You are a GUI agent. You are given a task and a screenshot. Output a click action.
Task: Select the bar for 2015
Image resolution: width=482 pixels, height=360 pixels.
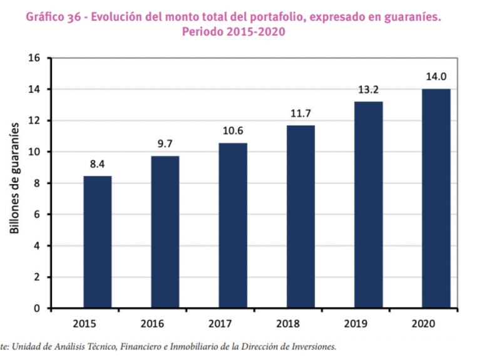(98, 242)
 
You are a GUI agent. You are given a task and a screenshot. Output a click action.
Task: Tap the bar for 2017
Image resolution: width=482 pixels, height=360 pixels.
(233, 225)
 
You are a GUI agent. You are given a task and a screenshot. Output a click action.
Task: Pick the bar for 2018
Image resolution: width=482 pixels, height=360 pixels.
(301, 217)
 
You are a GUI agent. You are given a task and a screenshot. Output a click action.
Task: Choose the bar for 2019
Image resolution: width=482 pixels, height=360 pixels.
(369, 205)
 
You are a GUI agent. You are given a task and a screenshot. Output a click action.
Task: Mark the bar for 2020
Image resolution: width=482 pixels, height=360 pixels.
(436, 198)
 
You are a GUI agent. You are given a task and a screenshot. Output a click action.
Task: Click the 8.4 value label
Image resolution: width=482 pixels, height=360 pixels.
(98, 164)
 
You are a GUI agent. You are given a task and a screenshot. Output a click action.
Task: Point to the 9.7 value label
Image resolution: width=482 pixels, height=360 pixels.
(165, 144)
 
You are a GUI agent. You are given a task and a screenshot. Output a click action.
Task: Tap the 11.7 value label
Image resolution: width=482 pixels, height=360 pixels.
(301, 113)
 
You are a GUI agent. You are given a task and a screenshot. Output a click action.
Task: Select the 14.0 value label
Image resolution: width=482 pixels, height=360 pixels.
(436, 77)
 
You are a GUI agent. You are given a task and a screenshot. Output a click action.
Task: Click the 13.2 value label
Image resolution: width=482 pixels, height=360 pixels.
(369, 90)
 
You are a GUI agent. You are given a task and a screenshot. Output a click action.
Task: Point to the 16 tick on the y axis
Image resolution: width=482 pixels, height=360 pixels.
(34, 58)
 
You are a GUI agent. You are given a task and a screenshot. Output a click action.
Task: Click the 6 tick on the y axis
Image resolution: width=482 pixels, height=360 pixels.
(38, 215)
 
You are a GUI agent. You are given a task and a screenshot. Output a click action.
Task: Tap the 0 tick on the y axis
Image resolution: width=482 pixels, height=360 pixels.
(38, 309)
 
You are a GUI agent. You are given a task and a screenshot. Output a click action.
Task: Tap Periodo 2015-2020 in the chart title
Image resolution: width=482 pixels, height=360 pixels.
(233, 32)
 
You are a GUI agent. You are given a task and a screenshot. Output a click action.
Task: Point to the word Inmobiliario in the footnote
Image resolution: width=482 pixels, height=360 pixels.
(186, 346)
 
